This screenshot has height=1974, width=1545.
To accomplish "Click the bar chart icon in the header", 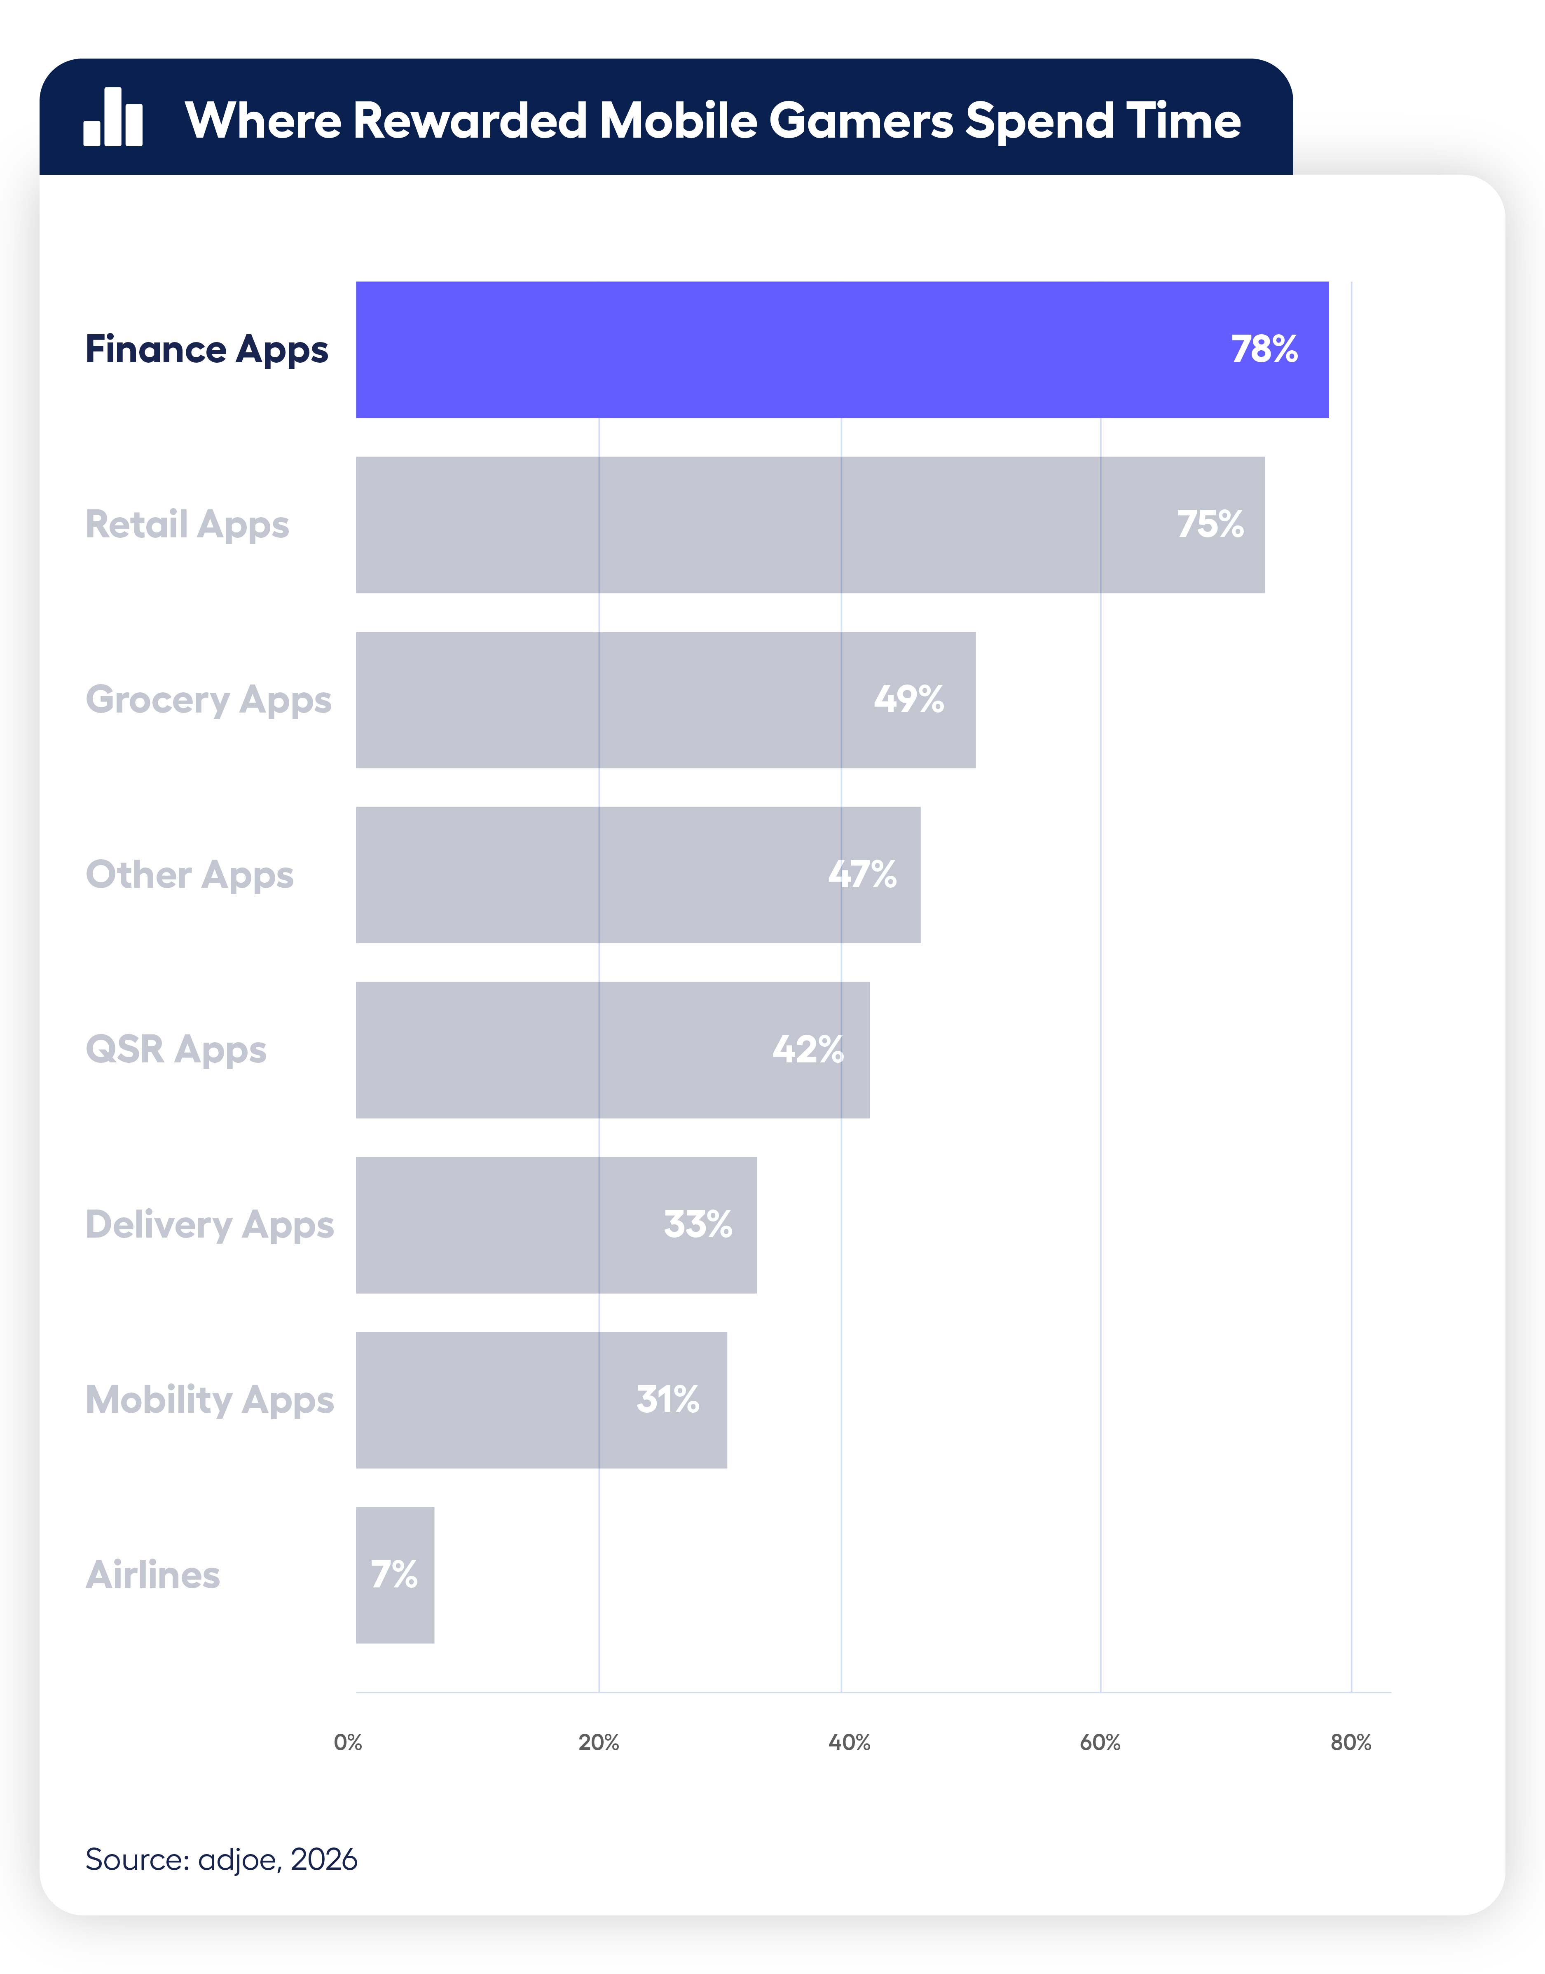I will click(113, 117).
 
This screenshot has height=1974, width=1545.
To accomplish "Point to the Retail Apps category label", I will click(187, 525).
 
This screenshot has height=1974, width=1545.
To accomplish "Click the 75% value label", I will click(1209, 525).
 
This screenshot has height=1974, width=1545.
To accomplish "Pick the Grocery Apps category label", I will click(208, 700).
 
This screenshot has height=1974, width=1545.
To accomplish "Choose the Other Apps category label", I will click(189, 875).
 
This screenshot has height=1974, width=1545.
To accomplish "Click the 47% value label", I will click(862, 875).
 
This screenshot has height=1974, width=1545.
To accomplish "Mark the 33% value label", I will click(698, 1225).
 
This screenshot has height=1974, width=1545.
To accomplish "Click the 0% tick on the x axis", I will click(347, 1742).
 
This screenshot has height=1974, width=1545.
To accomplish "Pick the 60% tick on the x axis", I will click(1100, 1742).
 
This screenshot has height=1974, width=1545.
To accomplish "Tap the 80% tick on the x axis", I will click(1351, 1742).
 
